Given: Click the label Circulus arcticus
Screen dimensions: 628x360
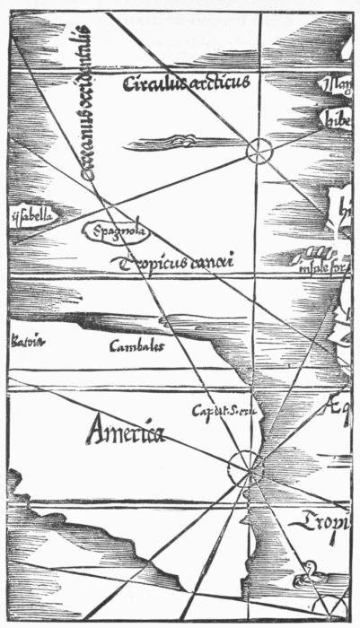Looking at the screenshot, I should pyautogui.click(x=191, y=83).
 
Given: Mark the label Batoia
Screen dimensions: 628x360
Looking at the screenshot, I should pyautogui.click(x=26, y=340).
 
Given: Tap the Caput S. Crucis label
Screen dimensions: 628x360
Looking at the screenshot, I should pyautogui.click(x=224, y=411).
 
